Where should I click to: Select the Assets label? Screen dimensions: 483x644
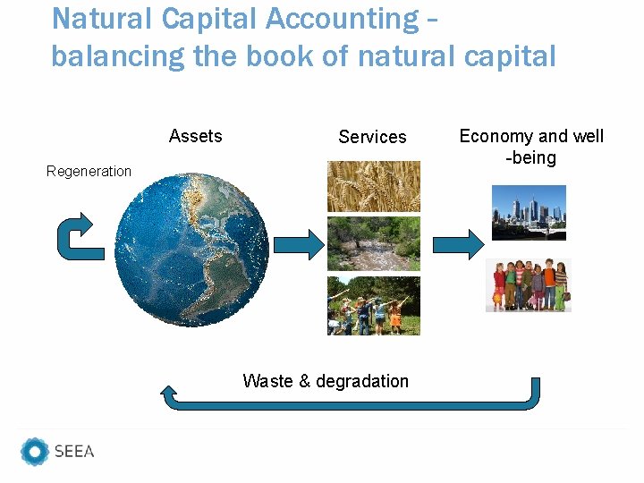195,136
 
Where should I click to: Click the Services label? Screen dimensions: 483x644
372,137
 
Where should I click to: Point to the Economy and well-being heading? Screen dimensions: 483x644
531,147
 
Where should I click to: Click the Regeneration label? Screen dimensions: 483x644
89,171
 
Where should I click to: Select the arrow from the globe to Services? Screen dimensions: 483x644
299,243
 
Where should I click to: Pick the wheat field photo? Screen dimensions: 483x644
373,186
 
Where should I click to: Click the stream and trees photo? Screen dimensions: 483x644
373,243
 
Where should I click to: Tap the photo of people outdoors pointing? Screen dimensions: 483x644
373,306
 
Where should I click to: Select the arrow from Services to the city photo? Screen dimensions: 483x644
458,243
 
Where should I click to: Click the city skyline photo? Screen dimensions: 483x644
529,213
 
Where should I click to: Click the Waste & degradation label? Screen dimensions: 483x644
326,381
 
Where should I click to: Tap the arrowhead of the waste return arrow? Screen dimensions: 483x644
168,390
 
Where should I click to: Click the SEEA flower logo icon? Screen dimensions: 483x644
35,452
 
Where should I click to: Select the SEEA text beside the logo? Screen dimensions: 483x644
74,452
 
